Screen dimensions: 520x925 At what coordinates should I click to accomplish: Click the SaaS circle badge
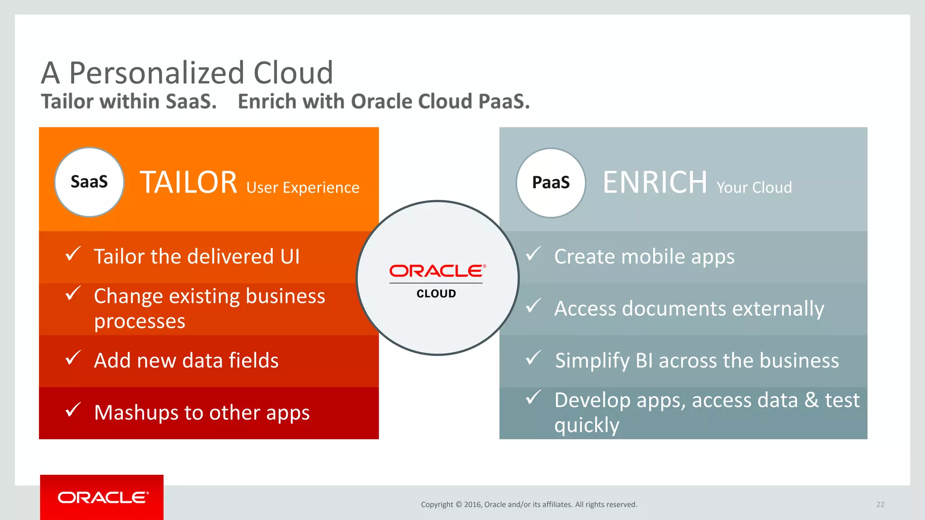[x=89, y=182]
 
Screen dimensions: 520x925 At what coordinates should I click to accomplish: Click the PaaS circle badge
[x=551, y=183]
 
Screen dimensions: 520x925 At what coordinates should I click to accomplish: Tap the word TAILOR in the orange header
[x=188, y=182]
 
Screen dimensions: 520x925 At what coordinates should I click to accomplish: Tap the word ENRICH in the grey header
[x=655, y=182]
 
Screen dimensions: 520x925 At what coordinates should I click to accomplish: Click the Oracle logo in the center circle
[x=437, y=271]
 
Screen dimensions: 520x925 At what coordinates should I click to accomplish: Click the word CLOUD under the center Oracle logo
[x=436, y=294]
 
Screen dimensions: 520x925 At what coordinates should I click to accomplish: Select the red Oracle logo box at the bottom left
[x=102, y=497]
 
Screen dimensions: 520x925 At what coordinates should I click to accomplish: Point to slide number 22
[x=880, y=505]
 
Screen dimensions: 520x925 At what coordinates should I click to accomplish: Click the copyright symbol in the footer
[x=458, y=505]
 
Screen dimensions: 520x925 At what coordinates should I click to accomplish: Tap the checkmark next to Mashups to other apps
[x=73, y=410]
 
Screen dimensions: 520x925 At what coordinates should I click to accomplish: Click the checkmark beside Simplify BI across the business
[x=533, y=358]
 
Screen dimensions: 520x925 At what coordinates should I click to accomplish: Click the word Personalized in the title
[x=156, y=73]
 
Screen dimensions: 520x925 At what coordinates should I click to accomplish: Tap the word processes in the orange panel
[x=140, y=321]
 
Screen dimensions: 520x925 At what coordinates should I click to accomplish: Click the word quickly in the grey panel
[x=587, y=425]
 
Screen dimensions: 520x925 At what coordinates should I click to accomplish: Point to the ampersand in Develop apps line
[x=811, y=400]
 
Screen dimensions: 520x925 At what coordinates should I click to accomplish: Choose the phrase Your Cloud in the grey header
[x=754, y=187]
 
